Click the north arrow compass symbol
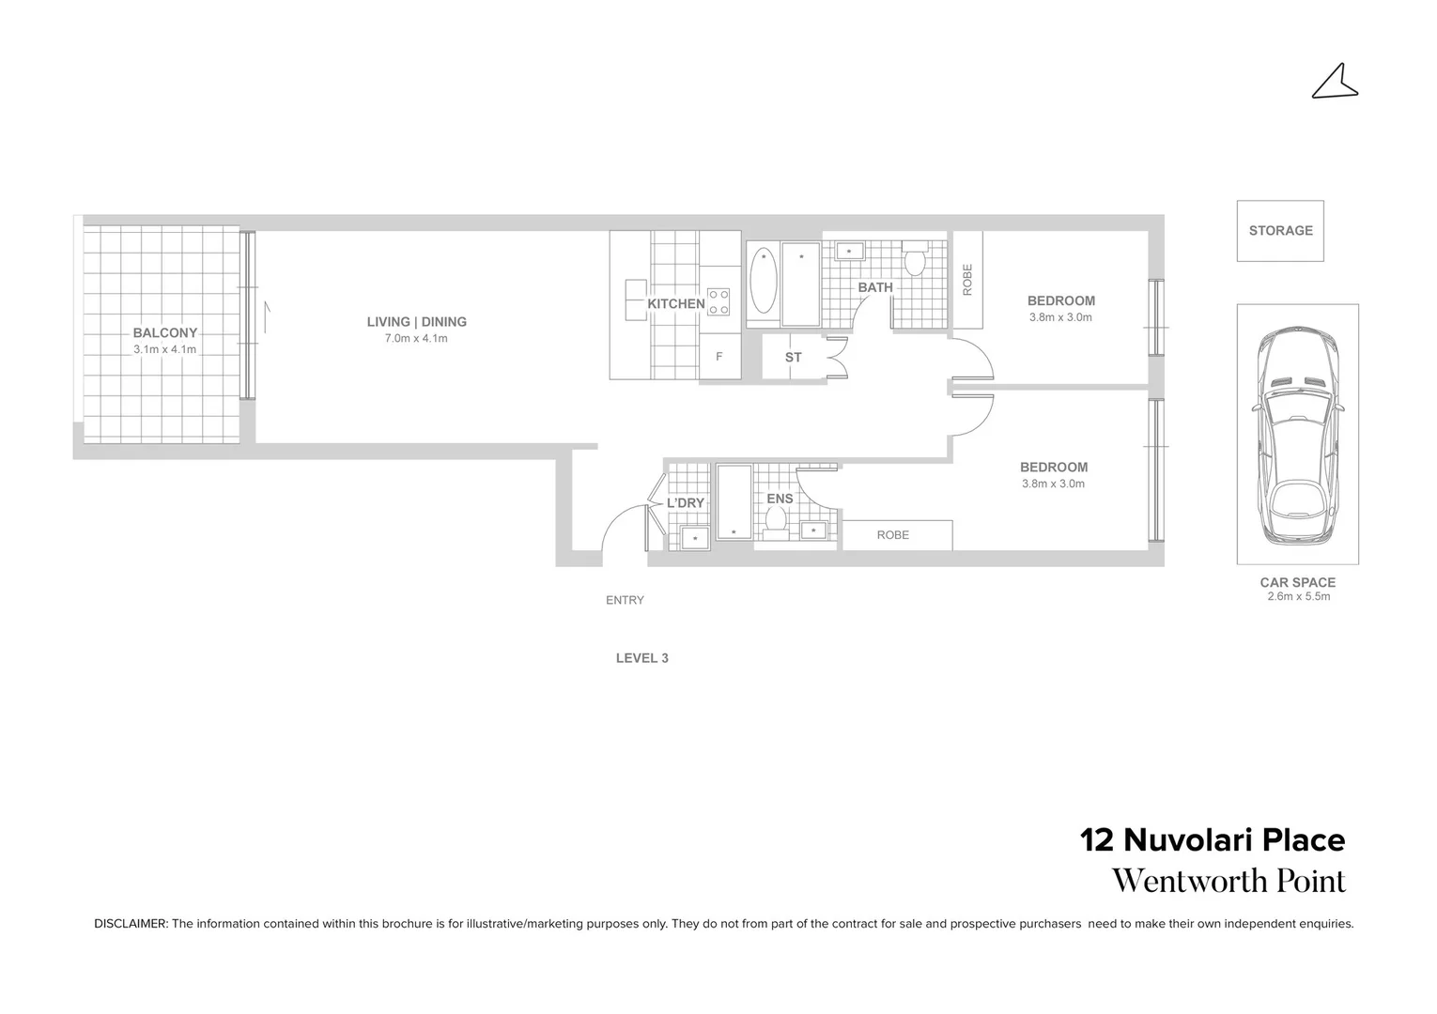[1335, 83]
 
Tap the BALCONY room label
[164, 332]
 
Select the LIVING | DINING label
[416, 322]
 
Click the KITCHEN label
[675, 303]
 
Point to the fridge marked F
[719, 357]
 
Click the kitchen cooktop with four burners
[719, 301]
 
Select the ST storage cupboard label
[793, 357]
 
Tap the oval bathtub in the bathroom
[764, 282]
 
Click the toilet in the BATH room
[916, 257]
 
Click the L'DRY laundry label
[685, 503]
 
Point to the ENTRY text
[625, 600]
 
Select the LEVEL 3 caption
[641, 658]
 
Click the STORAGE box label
[1280, 230]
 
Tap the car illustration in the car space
[1297, 437]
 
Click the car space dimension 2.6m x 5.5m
[1298, 596]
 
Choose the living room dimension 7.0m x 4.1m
[416, 338]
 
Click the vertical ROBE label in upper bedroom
[967, 280]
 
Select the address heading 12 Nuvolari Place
[1213, 839]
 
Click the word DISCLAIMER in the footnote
[131, 924]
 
